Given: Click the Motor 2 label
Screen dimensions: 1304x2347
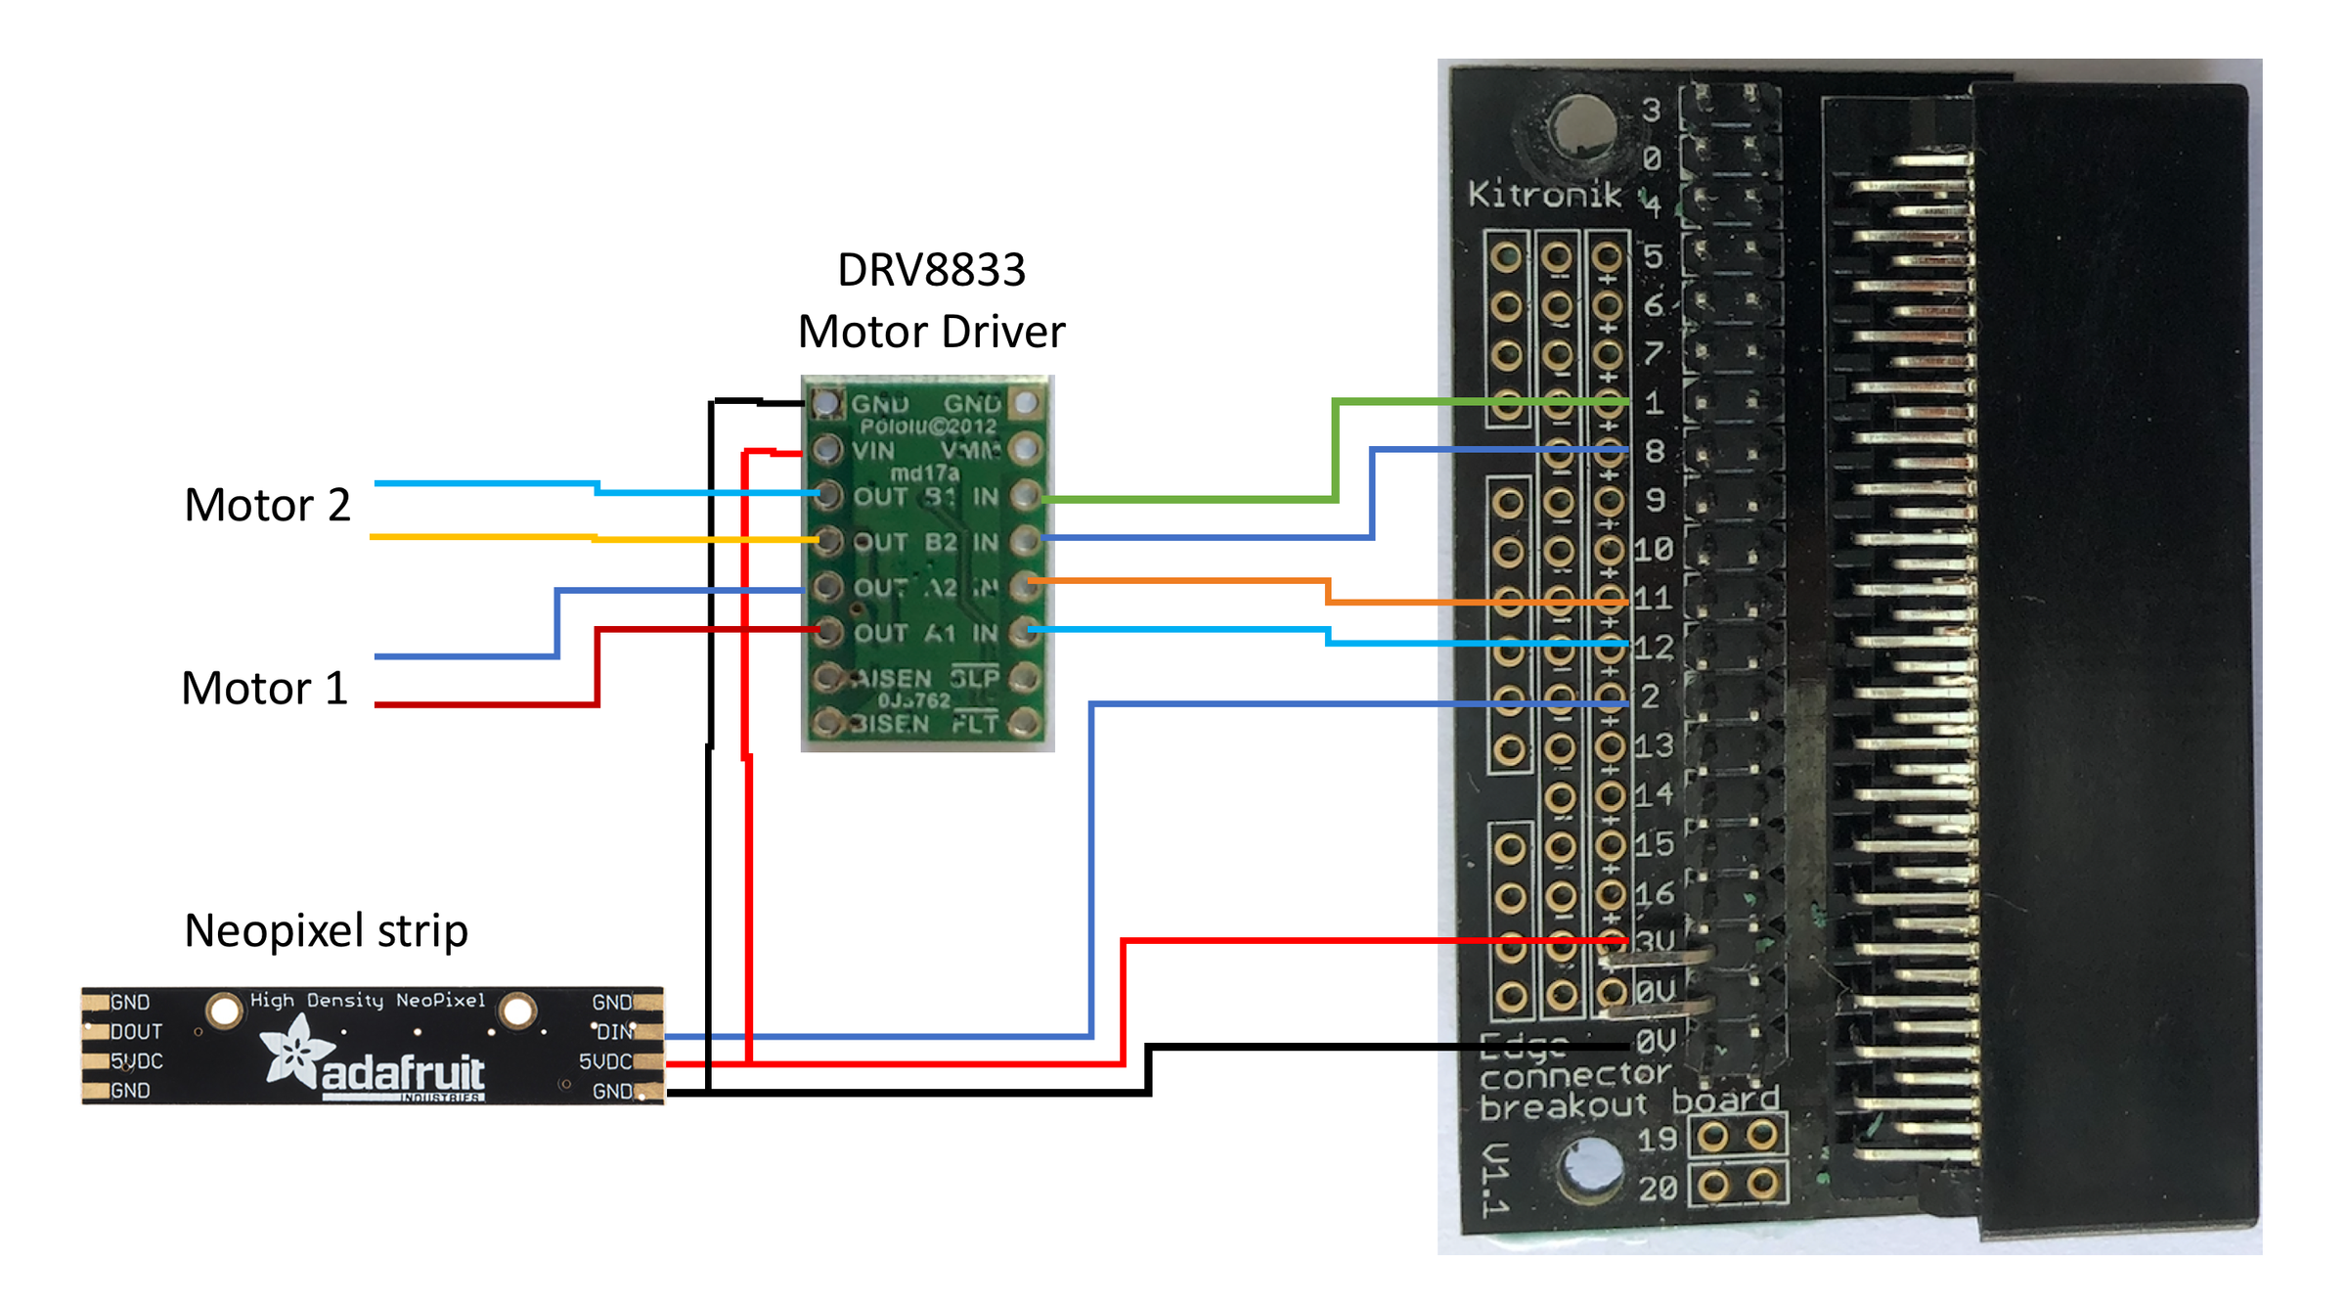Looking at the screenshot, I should tap(267, 506).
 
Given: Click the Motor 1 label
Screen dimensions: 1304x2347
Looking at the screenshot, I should tap(264, 689).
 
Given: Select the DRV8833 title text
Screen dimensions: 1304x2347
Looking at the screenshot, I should tap(931, 270).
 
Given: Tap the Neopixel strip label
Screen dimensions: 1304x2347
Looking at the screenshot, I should tap(326, 930).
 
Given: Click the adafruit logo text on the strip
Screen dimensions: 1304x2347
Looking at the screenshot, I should tap(402, 1073).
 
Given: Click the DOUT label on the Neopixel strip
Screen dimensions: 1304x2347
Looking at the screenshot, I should tap(136, 1032).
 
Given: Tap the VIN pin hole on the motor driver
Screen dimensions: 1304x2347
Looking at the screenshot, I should tap(827, 450).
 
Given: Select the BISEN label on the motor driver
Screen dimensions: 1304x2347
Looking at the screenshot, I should tap(890, 724).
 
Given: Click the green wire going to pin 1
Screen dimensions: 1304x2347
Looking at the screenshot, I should tap(1335, 450).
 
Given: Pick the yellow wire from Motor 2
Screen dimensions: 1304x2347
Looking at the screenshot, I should tap(479, 537).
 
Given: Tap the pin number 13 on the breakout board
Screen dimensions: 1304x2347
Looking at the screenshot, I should tap(1654, 746).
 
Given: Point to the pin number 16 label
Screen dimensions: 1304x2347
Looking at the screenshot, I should tap(1654, 894).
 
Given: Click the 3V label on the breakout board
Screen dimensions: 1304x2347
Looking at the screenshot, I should tap(1656, 942).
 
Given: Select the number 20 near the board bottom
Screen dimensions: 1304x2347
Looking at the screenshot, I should tap(1658, 1190).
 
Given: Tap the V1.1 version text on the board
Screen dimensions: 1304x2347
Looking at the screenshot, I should tap(1493, 1180).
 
